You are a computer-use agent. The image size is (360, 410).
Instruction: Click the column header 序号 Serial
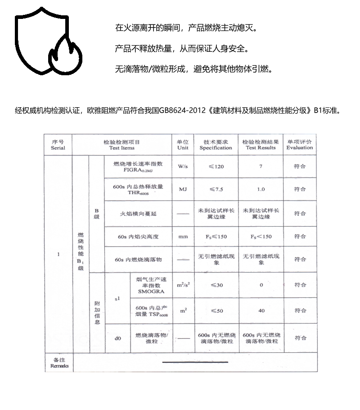click(x=58, y=144)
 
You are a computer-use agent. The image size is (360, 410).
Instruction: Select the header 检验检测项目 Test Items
click(x=121, y=144)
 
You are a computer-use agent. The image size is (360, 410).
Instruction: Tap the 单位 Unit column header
click(x=183, y=144)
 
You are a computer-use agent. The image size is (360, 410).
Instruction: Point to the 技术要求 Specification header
click(x=216, y=144)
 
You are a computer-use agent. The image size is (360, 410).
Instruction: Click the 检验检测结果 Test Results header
click(x=261, y=144)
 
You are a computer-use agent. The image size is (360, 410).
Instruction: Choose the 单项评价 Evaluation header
click(x=300, y=144)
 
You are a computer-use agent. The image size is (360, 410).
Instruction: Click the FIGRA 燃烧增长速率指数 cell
click(x=138, y=167)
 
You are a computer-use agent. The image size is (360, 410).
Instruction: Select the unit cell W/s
click(x=183, y=166)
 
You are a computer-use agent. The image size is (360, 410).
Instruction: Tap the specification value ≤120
click(x=216, y=166)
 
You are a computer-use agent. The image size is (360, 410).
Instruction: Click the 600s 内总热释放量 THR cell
click(x=138, y=189)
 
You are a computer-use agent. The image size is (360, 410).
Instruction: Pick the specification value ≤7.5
click(x=216, y=189)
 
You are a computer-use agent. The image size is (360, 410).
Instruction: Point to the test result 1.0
click(x=261, y=189)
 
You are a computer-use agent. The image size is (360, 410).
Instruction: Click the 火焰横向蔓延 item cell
click(x=138, y=213)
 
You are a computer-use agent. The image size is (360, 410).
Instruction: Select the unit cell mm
click(x=183, y=236)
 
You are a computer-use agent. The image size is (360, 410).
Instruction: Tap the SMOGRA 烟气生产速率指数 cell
click(x=151, y=285)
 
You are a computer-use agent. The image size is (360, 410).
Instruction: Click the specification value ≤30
click(x=216, y=285)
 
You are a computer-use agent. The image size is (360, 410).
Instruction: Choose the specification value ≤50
click(x=216, y=311)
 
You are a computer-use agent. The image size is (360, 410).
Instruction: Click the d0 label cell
click(x=117, y=337)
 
